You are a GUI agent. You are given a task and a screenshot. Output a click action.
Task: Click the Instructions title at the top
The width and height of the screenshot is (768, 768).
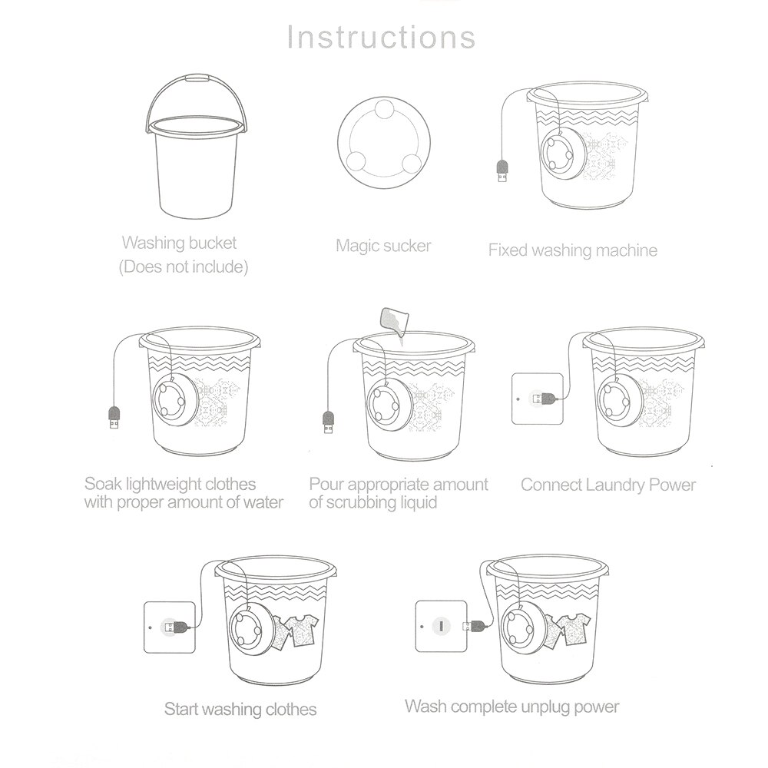click(x=381, y=36)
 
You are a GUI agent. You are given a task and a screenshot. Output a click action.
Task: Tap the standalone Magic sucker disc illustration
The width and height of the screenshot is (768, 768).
click(x=381, y=144)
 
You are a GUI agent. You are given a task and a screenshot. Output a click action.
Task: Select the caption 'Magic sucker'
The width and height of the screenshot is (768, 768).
click(x=383, y=246)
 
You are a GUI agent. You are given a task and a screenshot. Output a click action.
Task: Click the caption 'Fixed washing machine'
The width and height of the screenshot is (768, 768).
click(x=572, y=250)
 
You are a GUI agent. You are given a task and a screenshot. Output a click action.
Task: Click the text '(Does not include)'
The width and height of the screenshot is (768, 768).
click(x=183, y=267)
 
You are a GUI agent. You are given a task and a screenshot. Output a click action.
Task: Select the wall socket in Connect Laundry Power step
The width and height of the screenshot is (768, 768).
click(x=537, y=398)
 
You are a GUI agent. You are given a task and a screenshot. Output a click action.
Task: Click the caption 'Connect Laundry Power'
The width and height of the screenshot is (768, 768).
click(x=607, y=485)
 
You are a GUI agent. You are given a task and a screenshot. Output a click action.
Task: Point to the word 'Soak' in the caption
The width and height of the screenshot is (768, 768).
click(x=101, y=485)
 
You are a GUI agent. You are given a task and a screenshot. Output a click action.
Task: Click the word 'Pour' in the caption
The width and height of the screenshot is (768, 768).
click(x=326, y=485)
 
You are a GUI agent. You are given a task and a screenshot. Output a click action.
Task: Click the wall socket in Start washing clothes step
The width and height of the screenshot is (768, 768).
click(x=170, y=627)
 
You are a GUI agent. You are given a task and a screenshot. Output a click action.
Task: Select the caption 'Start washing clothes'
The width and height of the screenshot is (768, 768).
click(x=240, y=708)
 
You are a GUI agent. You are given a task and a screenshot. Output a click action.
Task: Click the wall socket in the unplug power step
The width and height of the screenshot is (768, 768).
click(x=441, y=626)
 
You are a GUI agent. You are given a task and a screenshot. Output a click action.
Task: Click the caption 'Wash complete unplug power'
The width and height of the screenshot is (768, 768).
click(x=511, y=706)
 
